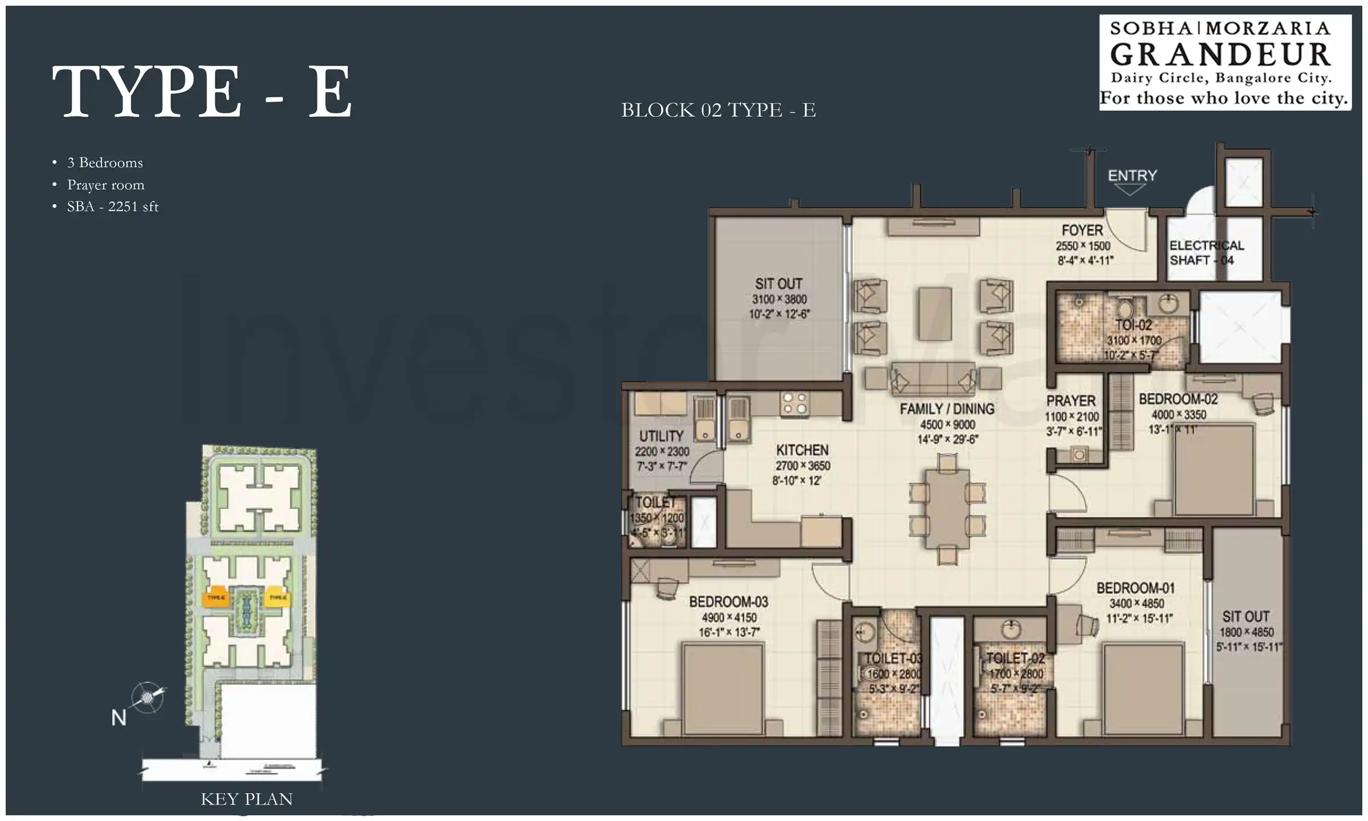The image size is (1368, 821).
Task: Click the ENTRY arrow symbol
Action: [x=1130, y=190]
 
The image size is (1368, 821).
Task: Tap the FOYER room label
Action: [x=1082, y=230]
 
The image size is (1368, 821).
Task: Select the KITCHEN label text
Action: [x=802, y=450]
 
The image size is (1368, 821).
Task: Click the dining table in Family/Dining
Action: [x=947, y=509]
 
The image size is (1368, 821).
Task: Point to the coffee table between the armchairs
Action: [x=935, y=314]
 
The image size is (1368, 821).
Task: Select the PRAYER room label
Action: [x=1070, y=401]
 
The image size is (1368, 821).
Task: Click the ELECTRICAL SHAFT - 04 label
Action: [x=1206, y=253]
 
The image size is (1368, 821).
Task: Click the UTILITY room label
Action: [x=661, y=436]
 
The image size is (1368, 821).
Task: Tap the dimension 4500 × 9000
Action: [x=947, y=425]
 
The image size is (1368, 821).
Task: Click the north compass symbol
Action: [x=147, y=697]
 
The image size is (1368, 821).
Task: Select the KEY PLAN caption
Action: [x=246, y=799]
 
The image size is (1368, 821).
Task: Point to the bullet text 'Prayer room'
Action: [x=105, y=185]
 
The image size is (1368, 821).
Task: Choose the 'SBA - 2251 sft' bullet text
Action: [x=112, y=206]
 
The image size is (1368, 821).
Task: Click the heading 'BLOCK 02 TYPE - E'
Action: [x=718, y=110]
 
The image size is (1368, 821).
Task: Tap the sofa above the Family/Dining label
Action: [x=933, y=378]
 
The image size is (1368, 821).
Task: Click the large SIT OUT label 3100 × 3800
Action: [x=779, y=298]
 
